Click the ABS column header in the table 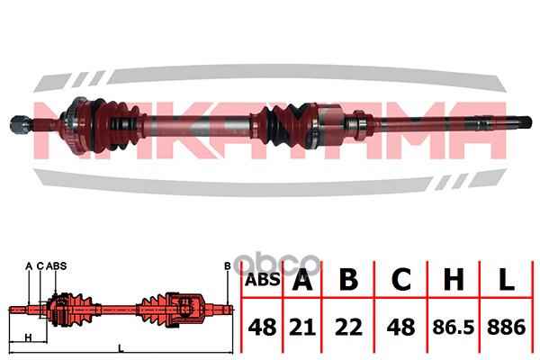pyautogui.click(x=263, y=280)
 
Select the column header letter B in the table pyautogui.click(x=348, y=278)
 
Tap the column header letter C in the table pyautogui.click(x=401, y=278)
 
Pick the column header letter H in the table pyautogui.click(x=454, y=278)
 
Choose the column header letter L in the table pyautogui.click(x=506, y=278)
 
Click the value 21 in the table pyautogui.click(x=302, y=327)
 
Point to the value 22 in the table pyautogui.click(x=348, y=327)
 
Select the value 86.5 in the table pyautogui.click(x=454, y=327)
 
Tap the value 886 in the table pyautogui.click(x=506, y=327)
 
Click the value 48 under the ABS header pyautogui.click(x=262, y=327)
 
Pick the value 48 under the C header pyautogui.click(x=400, y=327)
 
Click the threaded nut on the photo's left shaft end pyautogui.click(x=17, y=124)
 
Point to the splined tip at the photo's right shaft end pyautogui.click(x=526, y=123)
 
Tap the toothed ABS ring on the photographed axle pyautogui.click(x=74, y=125)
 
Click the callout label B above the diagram pyautogui.click(x=228, y=266)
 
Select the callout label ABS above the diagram pyautogui.click(x=56, y=266)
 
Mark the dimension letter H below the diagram pyautogui.click(x=29, y=337)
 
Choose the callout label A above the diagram pyautogui.click(x=29, y=266)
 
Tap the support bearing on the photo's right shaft pyautogui.click(x=359, y=125)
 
